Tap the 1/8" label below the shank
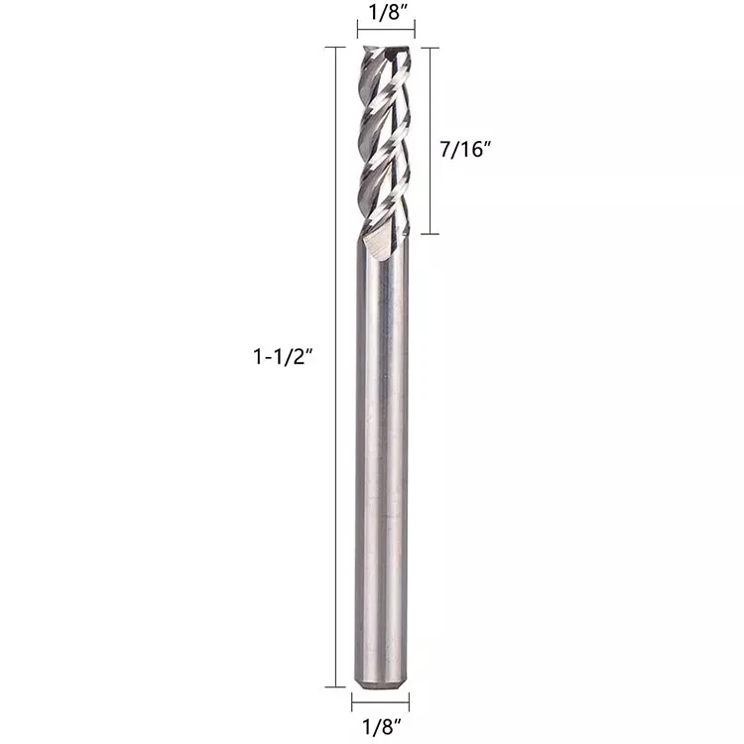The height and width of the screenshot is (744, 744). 380,725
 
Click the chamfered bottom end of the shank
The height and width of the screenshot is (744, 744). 381,682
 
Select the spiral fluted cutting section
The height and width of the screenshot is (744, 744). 384,139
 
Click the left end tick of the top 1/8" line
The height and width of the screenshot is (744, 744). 357,32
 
